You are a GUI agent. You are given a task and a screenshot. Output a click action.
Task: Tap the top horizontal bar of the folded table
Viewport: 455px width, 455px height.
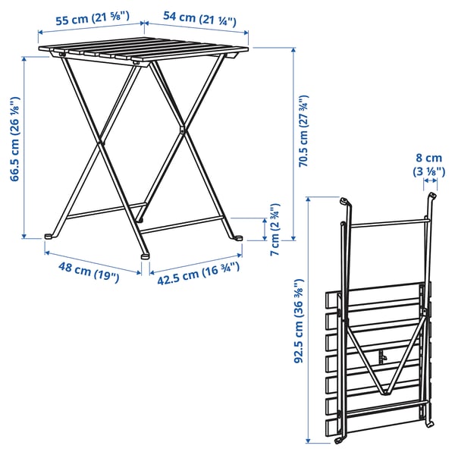tap(387, 223)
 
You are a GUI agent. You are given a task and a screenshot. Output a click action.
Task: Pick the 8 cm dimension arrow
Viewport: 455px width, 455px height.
tap(430, 184)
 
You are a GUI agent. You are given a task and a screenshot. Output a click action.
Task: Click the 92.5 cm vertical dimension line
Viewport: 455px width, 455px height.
tap(309, 318)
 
